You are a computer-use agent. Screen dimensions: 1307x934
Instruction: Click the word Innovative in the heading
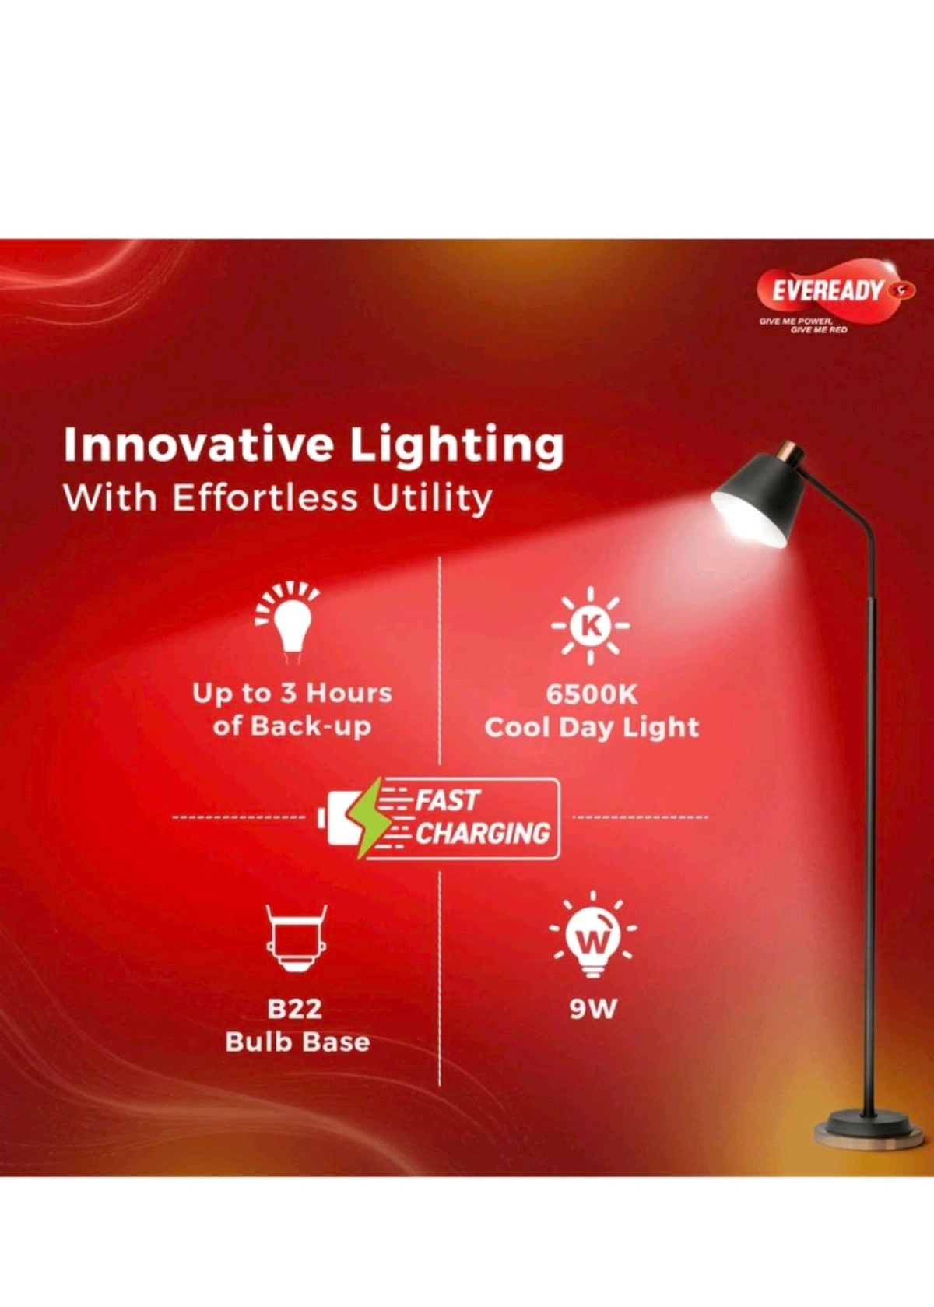(x=198, y=445)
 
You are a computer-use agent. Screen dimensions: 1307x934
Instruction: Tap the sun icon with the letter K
(x=591, y=624)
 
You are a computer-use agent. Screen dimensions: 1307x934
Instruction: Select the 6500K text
(x=591, y=694)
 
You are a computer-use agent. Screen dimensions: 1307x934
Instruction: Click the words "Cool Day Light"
(x=591, y=728)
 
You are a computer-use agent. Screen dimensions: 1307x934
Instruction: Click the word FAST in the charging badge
(x=448, y=800)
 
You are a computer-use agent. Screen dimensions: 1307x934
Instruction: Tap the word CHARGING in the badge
(x=482, y=834)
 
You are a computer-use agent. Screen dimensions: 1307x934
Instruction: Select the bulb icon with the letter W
(x=592, y=937)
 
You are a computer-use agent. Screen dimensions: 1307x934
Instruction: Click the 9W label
(x=592, y=1009)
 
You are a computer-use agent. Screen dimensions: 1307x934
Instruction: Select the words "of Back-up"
(x=292, y=726)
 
